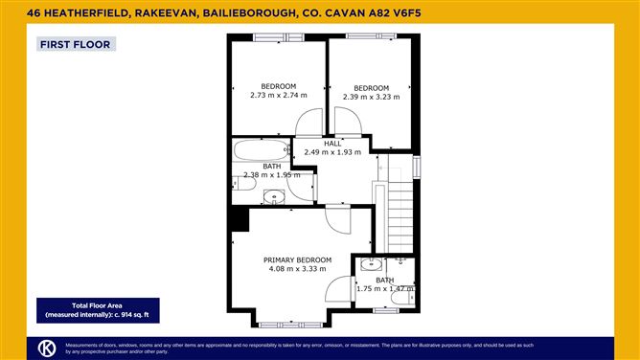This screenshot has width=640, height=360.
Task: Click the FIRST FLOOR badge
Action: [x=75, y=44]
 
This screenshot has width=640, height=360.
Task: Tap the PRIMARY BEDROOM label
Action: [x=298, y=259]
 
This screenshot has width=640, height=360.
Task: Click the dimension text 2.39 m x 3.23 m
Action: [x=371, y=97]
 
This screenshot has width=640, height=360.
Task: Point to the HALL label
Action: [x=331, y=144]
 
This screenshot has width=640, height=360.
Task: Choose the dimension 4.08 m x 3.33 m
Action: [x=298, y=269]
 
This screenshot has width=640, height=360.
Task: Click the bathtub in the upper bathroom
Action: [x=261, y=150]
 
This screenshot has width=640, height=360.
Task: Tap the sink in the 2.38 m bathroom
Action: [x=276, y=197]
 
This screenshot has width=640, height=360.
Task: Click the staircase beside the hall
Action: [x=400, y=214]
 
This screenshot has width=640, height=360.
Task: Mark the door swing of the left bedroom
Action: [x=309, y=123]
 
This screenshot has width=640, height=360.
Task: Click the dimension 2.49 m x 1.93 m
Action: [x=331, y=152]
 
